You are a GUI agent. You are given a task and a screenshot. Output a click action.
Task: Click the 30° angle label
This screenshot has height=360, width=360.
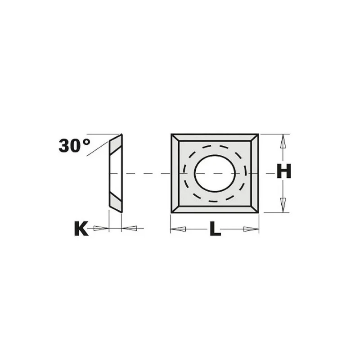click(74, 145)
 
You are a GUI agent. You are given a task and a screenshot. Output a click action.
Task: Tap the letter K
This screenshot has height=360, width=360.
click(81, 228)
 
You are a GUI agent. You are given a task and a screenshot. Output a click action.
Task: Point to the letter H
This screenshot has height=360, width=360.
click(284, 171)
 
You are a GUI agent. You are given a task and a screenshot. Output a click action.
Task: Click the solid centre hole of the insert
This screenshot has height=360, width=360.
click(215, 173)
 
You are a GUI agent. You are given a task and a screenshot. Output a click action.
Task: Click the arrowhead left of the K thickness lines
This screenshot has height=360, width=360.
click(101, 228)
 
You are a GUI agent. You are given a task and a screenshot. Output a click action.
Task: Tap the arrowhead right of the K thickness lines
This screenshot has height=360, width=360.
click(130, 228)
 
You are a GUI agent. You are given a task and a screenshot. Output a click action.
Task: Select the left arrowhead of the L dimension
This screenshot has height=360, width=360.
click(178, 229)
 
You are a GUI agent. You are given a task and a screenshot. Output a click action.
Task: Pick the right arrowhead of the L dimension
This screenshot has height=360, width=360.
click(251, 229)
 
